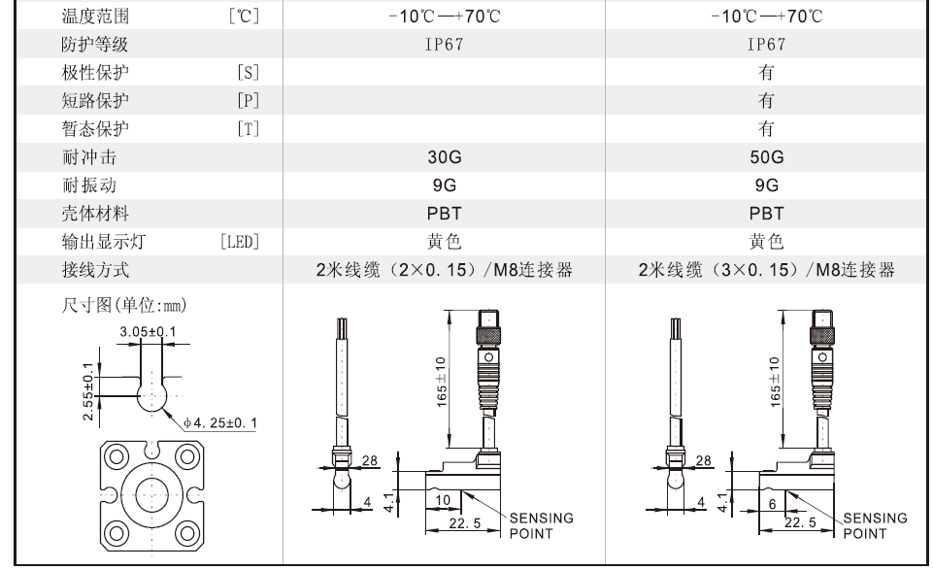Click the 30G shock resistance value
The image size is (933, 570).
[444, 157]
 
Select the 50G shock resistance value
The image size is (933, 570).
[766, 157]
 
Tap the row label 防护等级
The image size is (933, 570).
[95, 44]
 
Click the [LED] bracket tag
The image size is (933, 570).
[240, 242]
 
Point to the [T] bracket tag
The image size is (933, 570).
[249, 128]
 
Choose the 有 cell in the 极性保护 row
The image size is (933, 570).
[766, 73]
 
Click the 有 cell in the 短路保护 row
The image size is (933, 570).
[766, 101]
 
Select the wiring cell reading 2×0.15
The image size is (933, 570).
[444, 270]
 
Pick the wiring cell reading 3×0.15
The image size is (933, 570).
[766, 270]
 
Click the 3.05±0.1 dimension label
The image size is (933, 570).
[149, 331]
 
